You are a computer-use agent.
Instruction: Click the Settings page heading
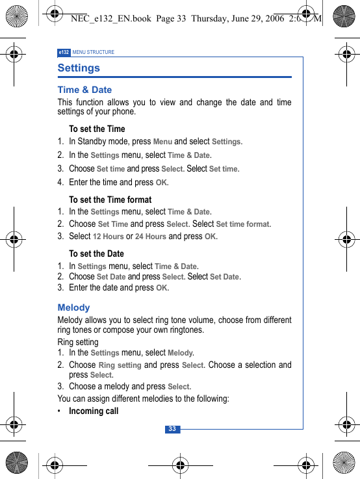click(79, 68)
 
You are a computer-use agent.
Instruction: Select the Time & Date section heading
click(84, 90)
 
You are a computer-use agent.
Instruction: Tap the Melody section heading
click(73, 307)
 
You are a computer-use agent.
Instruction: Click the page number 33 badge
click(172, 429)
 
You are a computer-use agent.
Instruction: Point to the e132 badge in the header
click(64, 52)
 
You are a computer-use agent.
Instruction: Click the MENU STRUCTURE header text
click(94, 52)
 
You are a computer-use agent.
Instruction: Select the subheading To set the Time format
click(110, 200)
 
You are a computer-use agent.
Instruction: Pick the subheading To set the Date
click(96, 253)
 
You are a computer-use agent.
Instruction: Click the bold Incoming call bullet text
click(94, 411)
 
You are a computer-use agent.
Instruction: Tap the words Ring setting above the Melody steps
click(78, 342)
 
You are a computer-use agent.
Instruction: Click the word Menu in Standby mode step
click(162, 141)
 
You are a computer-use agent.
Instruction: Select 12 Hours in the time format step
click(108, 237)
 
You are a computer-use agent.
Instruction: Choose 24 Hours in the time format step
click(151, 237)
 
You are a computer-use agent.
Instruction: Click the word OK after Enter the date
click(162, 287)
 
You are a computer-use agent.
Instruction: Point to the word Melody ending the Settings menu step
click(180, 353)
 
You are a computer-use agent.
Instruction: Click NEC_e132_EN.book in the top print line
click(110, 19)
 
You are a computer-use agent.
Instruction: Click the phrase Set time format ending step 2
click(242, 224)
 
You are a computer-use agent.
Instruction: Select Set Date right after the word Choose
click(111, 277)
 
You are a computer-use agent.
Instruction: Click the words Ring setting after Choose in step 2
click(120, 365)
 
